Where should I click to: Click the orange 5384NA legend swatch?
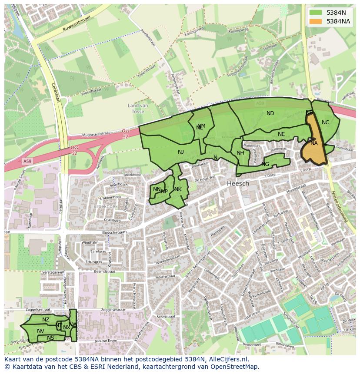316,21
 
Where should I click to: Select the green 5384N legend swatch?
316,13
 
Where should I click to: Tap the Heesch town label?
238,183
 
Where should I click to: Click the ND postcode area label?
270,113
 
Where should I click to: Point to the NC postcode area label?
325,122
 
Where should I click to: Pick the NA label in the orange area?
314,143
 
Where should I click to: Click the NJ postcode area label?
181,152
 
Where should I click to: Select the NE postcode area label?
281,134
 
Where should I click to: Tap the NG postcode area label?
265,164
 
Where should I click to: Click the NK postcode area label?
178,189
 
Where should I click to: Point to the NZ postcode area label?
46,320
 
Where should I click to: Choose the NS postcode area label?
51,338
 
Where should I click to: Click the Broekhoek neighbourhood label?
105,206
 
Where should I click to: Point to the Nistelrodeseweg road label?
340,206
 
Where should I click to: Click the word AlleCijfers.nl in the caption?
225,359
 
